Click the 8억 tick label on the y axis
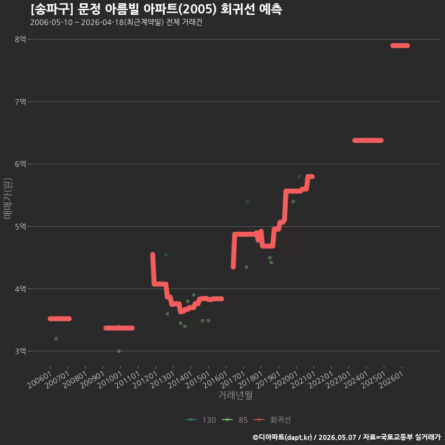point(20,39)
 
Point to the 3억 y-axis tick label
point(20,351)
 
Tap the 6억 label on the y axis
point(20,164)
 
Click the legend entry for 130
point(200,420)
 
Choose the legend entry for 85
point(235,420)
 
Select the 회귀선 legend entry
point(272,420)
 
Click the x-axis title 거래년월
point(235,395)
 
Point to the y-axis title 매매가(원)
point(7,198)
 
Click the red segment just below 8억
point(400,46)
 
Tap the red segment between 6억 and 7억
point(368,140)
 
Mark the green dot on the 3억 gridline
point(119,351)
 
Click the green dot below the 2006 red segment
point(56,338)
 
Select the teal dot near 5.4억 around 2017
point(248,202)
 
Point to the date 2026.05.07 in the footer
point(337,437)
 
